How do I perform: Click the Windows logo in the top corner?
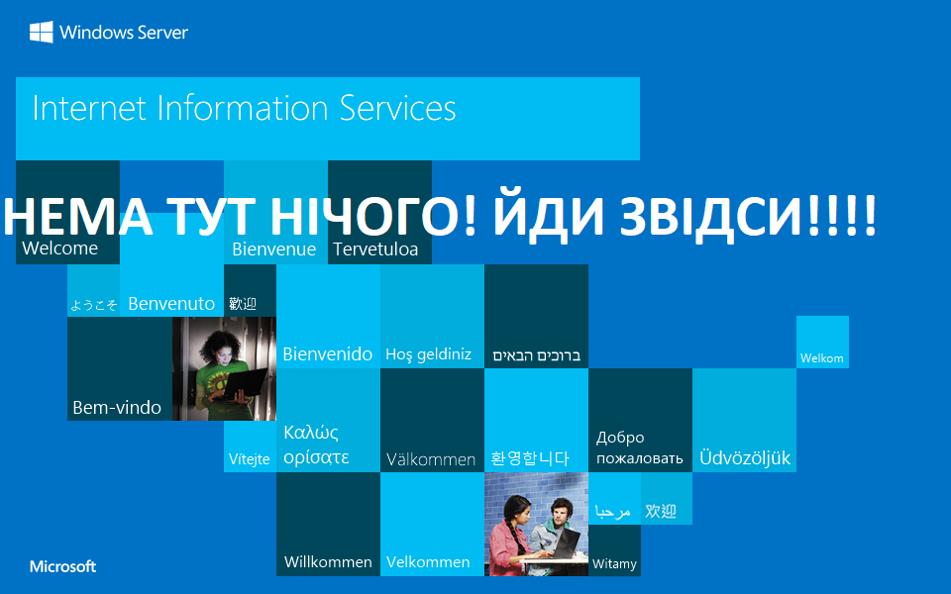[x=41, y=32]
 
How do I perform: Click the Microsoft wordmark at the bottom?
[x=62, y=566]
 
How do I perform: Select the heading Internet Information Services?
[x=244, y=108]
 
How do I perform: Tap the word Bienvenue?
[x=273, y=249]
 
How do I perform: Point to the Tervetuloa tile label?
[x=374, y=249]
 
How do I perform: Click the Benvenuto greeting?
[x=171, y=304]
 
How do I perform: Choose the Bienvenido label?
[x=328, y=353]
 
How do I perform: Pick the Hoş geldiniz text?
[x=428, y=354]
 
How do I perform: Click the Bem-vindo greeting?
[x=117, y=407]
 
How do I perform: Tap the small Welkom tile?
[x=822, y=358]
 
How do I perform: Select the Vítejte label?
[x=250, y=459]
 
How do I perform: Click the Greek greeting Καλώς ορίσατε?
[x=316, y=445]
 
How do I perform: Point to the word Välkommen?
[x=431, y=459]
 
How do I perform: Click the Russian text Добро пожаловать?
[x=639, y=447]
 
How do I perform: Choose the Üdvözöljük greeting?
[x=745, y=458]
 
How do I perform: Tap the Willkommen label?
[x=328, y=561]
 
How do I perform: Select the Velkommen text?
[x=428, y=561]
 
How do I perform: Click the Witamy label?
[x=614, y=564]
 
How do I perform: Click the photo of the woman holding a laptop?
[x=224, y=368]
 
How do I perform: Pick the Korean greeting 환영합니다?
[x=530, y=458]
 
